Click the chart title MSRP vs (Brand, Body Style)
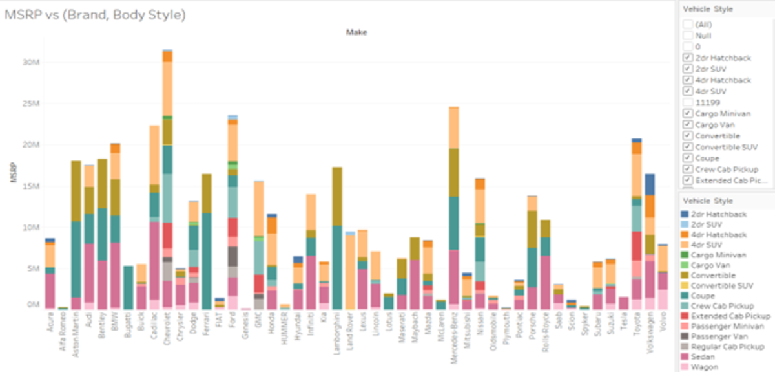click(x=95, y=15)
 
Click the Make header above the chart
click(x=356, y=31)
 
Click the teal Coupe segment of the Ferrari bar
click(x=207, y=259)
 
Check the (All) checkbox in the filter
click(x=688, y=24)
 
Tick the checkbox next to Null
click(x=688, y=36)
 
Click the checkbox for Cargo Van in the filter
click(x=688, y=125)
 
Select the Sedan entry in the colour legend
click(x=702, y=356)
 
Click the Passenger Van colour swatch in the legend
click(x=686, y=336)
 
